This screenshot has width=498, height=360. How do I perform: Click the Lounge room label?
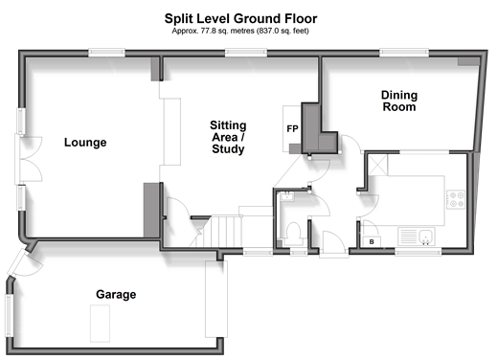pyautogui.click(x=85, y=143)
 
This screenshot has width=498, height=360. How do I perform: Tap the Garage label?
pyautogui.click(x=116, y=294)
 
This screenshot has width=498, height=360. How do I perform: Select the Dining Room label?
pyautogui.click(x=399, y=101)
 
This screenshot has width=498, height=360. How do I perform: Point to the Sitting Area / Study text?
pyautogui.click(x=228, y=137)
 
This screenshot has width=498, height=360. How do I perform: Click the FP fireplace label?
pyautogui.click(x=292, y=128)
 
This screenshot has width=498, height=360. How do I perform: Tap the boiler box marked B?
pyautogui.click(x=372, y=241)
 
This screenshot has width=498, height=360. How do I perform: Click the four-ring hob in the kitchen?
pyautogui.click(x=456, y=199)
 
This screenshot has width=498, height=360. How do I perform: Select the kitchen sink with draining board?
pyautogui.click(x=417, y=236)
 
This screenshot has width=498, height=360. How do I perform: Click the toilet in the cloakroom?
pyautogui.click(x=293, y=234)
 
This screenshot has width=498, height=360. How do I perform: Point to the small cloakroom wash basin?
pyautogui.click(x=287, y=196)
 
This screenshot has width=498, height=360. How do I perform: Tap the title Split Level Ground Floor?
pyautogui.click(x=240, y=18)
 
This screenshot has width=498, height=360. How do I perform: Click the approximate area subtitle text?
pyautogui.click(x=240, y=31)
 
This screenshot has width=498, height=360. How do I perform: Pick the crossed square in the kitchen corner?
pyautogui.click(x=378, y=165)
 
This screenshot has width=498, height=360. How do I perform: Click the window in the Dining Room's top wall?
pyautogui.click(x=404, y=53)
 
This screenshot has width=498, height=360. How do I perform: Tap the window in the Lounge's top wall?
pyautogui.click(x=106, y=53)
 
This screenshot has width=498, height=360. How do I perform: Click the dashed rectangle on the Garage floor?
pyautogui.click(x=100, y=324)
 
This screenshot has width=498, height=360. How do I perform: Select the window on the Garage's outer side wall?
pyautogui.click(x=9, y=316)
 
